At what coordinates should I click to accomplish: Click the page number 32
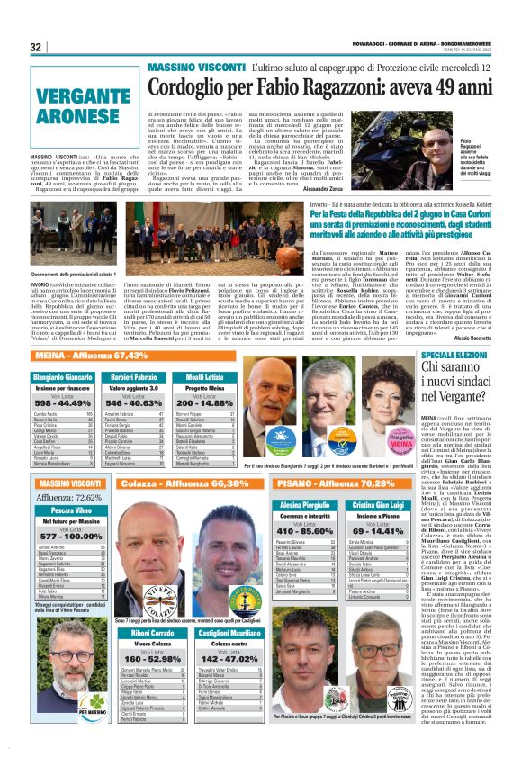coord(36,47)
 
